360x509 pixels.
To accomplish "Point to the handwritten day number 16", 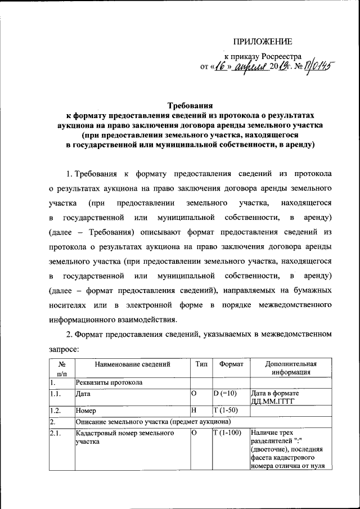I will coord(221,67).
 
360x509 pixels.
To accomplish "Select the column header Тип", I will coord(201,364).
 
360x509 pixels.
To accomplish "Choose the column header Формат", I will coord(231,364).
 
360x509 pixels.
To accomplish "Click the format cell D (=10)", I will coord(227,394).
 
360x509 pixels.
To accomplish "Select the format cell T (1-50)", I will coord(227,411).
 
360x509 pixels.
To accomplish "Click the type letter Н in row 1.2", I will coord(193,411).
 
